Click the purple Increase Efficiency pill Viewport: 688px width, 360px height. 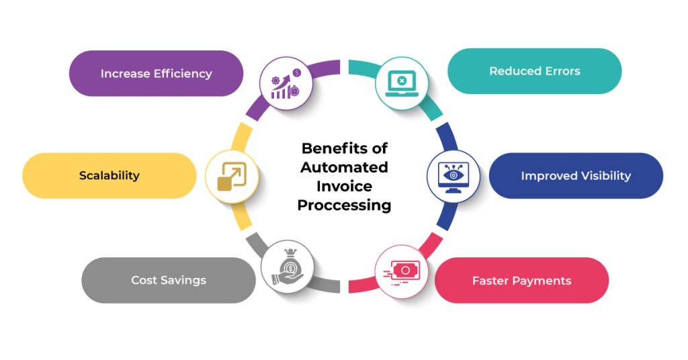pos(156,73)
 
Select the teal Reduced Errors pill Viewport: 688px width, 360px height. pos(534,71)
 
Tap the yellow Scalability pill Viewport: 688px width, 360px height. pos(109,175)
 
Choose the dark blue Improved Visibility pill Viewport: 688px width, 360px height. pos(576,175)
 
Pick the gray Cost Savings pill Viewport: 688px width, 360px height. pos(168,280)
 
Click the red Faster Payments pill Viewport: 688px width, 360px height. pos(521,280)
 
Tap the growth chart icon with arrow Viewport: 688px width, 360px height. pos(286,83)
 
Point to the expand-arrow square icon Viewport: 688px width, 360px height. pos(231,177)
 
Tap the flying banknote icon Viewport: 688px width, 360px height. pos(400,271)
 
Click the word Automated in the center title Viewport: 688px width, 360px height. pos(344,167)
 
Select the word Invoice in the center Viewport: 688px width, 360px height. pos(344,186)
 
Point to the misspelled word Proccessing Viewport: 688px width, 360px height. pos(344,206)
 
